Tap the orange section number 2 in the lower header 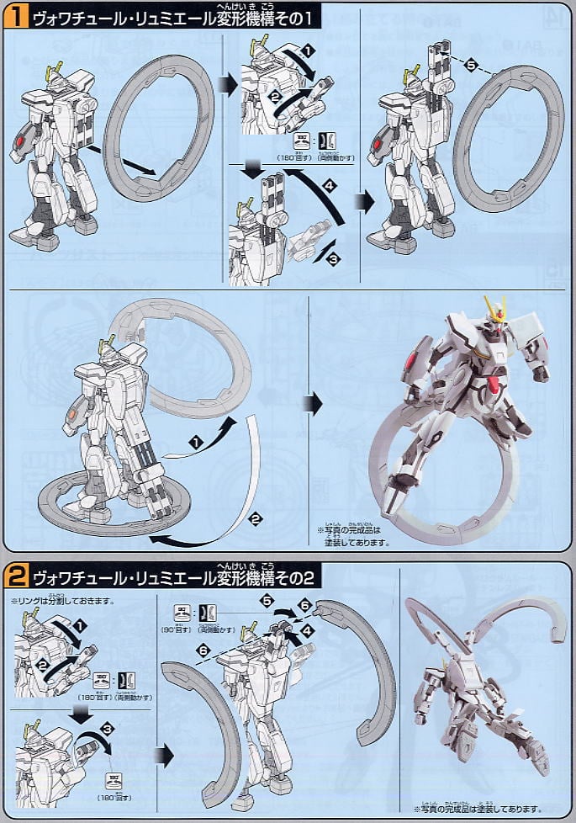point(16,578)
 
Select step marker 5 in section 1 point(471,64)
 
